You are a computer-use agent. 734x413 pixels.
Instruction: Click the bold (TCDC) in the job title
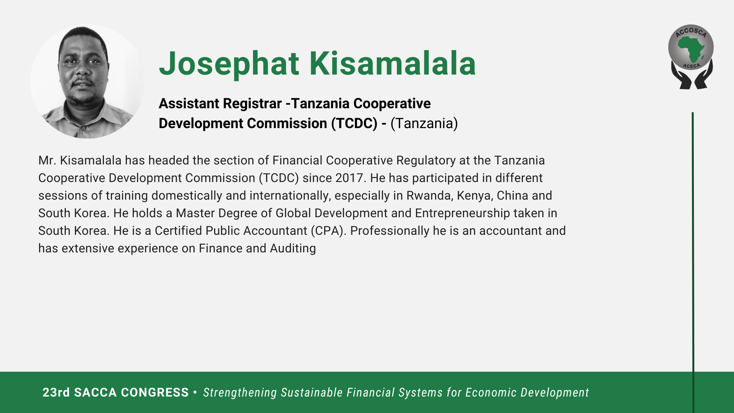pos(354,124)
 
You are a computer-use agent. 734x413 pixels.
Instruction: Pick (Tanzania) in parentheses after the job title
pos(424,124)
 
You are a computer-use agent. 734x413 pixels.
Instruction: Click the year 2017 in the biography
pos(349,178)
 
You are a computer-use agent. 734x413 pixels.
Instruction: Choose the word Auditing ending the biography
pos(293,249)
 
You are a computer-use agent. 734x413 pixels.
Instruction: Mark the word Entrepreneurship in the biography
pos(463,213)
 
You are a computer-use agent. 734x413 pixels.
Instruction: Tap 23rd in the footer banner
pos(56,393)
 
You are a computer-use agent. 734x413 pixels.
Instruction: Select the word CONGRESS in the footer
pos(154,393)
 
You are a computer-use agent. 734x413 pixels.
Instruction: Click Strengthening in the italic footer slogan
pos(240,393)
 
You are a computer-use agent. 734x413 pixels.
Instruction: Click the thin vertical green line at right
pos(693,262)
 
